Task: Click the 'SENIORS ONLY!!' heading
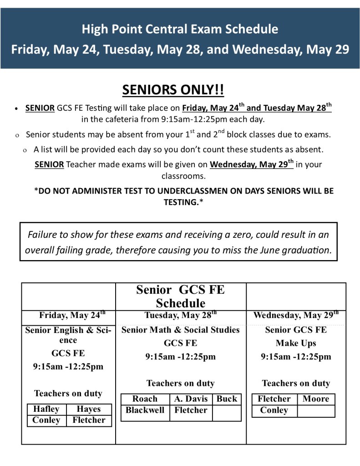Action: tap(173, 90)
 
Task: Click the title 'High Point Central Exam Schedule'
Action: tap(180, 30)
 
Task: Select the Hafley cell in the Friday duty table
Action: tap(46, 409)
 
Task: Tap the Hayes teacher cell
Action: tap(89, 409)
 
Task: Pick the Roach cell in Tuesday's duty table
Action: tap(145, 399)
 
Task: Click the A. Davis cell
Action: tap(191, 399)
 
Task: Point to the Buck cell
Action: tap(227, 399)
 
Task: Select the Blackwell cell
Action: tap(145, 410)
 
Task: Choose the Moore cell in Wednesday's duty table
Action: tap(315, 399)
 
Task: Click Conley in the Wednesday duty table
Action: tap(274, 410)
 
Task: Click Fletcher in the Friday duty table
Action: tap(89, 420)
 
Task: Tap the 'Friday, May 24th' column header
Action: tap(72, 315)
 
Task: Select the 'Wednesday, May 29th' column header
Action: tap(296, 315)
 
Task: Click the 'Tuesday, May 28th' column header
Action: tap(180, 315)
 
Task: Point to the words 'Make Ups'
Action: tap(296, 343)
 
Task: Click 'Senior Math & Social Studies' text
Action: tap(180, 330)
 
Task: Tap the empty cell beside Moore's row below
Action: tap(315, 410)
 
